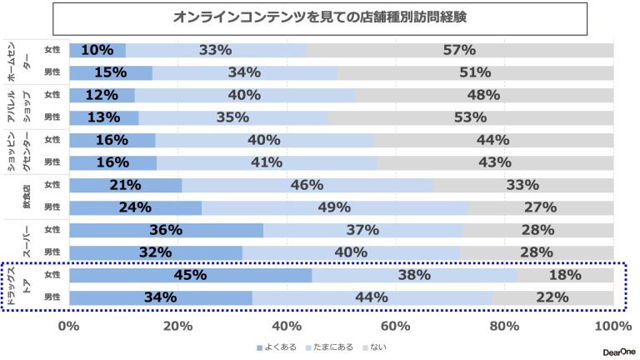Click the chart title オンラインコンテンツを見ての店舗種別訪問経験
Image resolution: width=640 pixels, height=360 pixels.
tap(320, 17)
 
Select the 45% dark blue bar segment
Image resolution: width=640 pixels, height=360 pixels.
tap(191, 275)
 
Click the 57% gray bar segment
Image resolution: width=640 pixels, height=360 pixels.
tap(459, 50)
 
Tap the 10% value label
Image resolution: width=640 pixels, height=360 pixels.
tap(97, 50)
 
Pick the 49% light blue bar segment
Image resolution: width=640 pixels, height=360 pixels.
tap(334, 207)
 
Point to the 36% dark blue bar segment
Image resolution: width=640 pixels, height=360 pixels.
tap(167, 230)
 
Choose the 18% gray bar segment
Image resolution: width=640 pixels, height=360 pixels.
tap(565, 275)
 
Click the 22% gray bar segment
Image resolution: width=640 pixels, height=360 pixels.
tap(553, 297)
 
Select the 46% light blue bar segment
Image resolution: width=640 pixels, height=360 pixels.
tap(307, 185)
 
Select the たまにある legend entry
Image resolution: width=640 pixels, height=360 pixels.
tap(330, 346)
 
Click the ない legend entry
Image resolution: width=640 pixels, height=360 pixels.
tap(374, 346)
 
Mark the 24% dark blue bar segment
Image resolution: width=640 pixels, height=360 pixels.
tap(136, 207)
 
